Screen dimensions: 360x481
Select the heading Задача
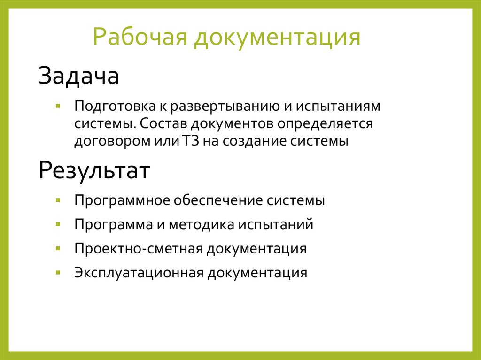(78, 76)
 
